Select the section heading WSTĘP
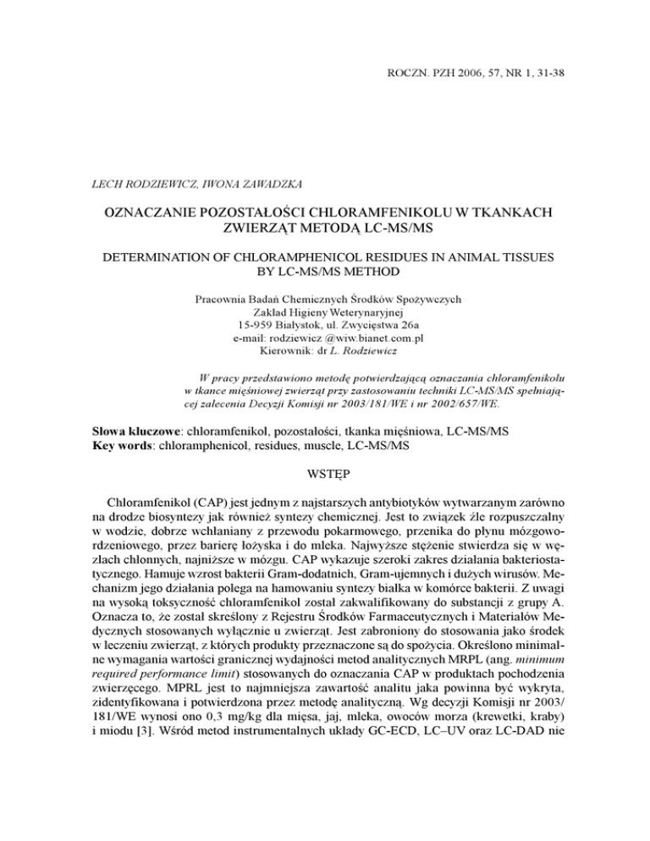325,477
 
